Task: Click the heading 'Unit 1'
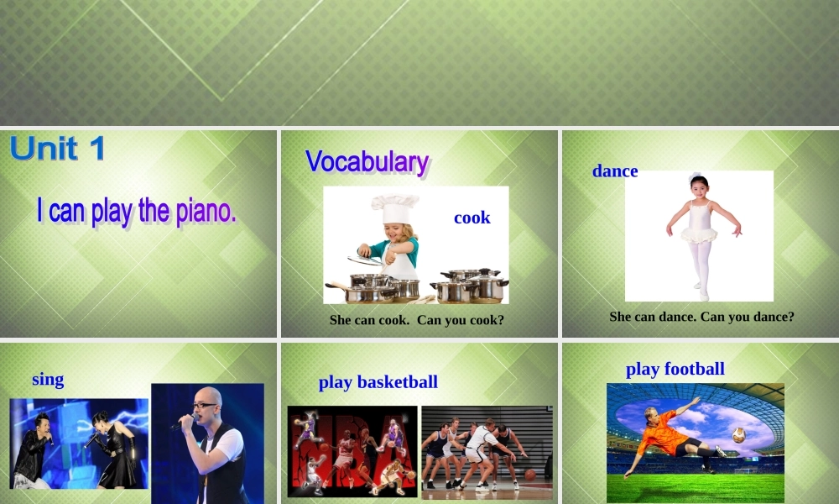58,149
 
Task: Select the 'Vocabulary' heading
367,160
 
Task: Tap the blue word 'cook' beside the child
472,218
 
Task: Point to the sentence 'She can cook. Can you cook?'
417,320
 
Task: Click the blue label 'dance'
615,171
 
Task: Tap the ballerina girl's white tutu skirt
698,234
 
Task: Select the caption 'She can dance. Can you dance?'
701,317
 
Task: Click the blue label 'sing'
48,380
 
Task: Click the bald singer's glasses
204,406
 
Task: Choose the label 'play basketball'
378,382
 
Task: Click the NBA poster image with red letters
352,451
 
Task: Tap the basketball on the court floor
530,475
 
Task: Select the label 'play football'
675,369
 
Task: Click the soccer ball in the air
738,435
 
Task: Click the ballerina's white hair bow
695,177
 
